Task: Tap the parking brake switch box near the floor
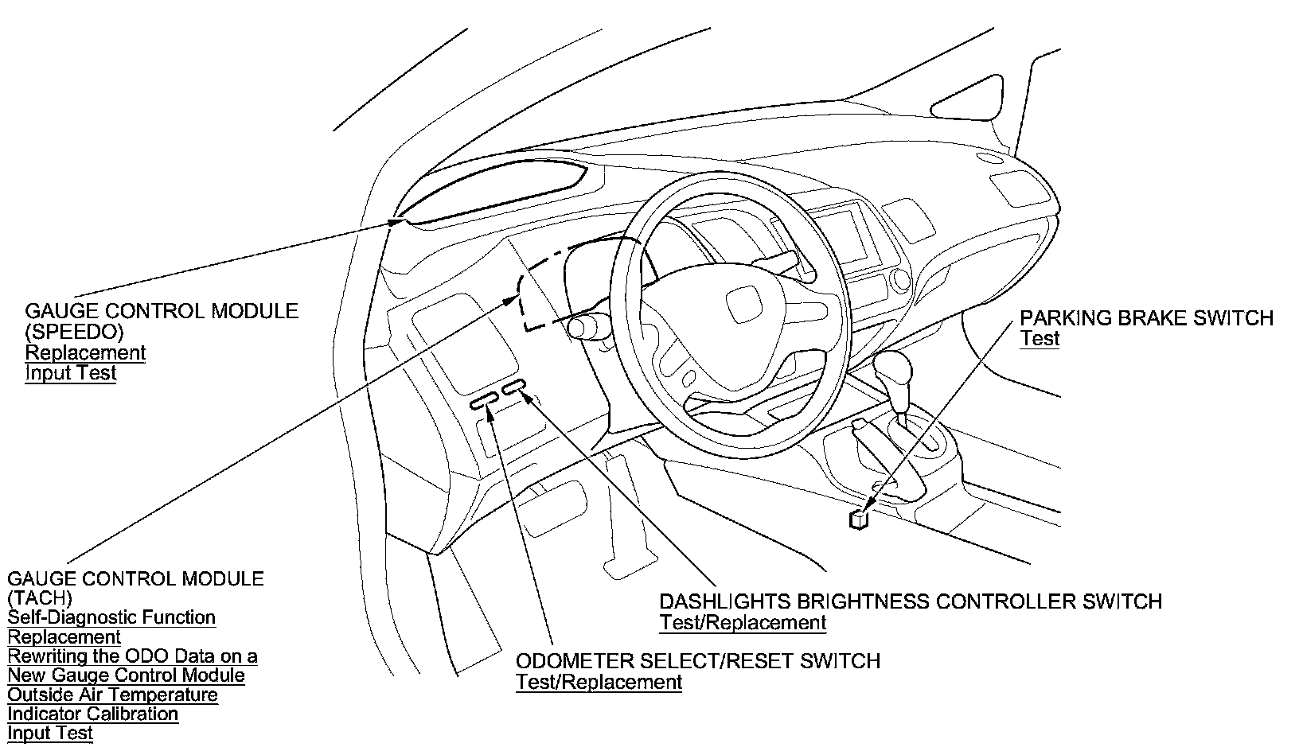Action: click(859, 519)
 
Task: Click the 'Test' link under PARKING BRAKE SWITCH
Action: click(1040, 339)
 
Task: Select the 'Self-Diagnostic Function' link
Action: click(111, 617)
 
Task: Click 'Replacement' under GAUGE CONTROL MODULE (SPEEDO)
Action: click(86, 352)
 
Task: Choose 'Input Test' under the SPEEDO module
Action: click(71, 373)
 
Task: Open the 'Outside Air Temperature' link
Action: click(112, 695)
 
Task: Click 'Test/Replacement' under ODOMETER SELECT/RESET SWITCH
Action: click(599, 682)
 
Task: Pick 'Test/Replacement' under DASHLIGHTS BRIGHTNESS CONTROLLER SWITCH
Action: click(743, 623)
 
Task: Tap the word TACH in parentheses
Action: click(40, 598)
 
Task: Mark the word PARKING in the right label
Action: click(1060, 318)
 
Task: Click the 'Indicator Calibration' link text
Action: click(92, 714)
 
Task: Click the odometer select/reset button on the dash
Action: click(483, 403)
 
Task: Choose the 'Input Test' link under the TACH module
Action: click(50, 733)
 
